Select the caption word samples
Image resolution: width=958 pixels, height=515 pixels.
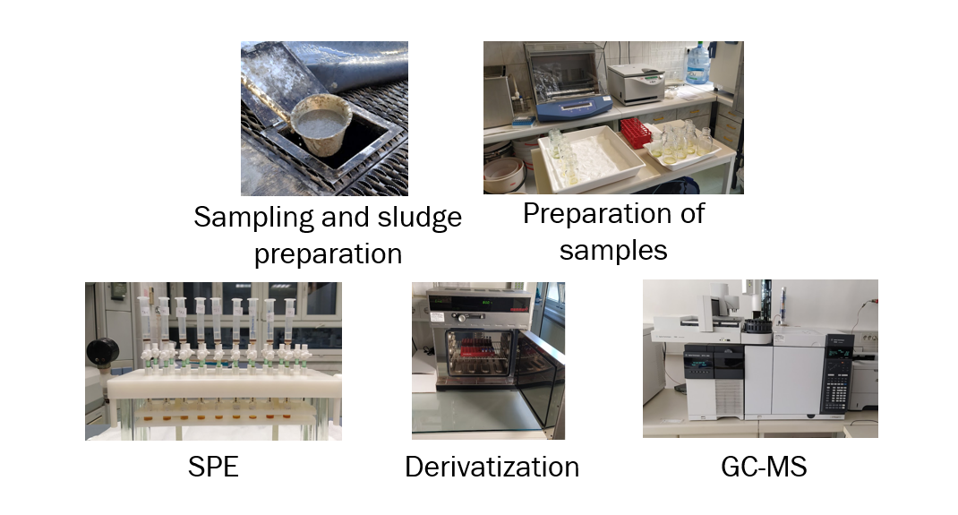pos(613,251)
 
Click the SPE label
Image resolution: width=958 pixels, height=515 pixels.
pos(213,467)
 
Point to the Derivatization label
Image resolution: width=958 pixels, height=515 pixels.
pos(492,467)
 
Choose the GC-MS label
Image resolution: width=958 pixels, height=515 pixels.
pos(764,467)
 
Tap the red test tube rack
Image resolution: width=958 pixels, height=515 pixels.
pos(637,132)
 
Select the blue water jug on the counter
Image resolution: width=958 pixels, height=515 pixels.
pos(697,64)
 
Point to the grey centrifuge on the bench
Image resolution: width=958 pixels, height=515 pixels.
pos(636,84)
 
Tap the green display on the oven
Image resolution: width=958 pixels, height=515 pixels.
pos(486,303)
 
